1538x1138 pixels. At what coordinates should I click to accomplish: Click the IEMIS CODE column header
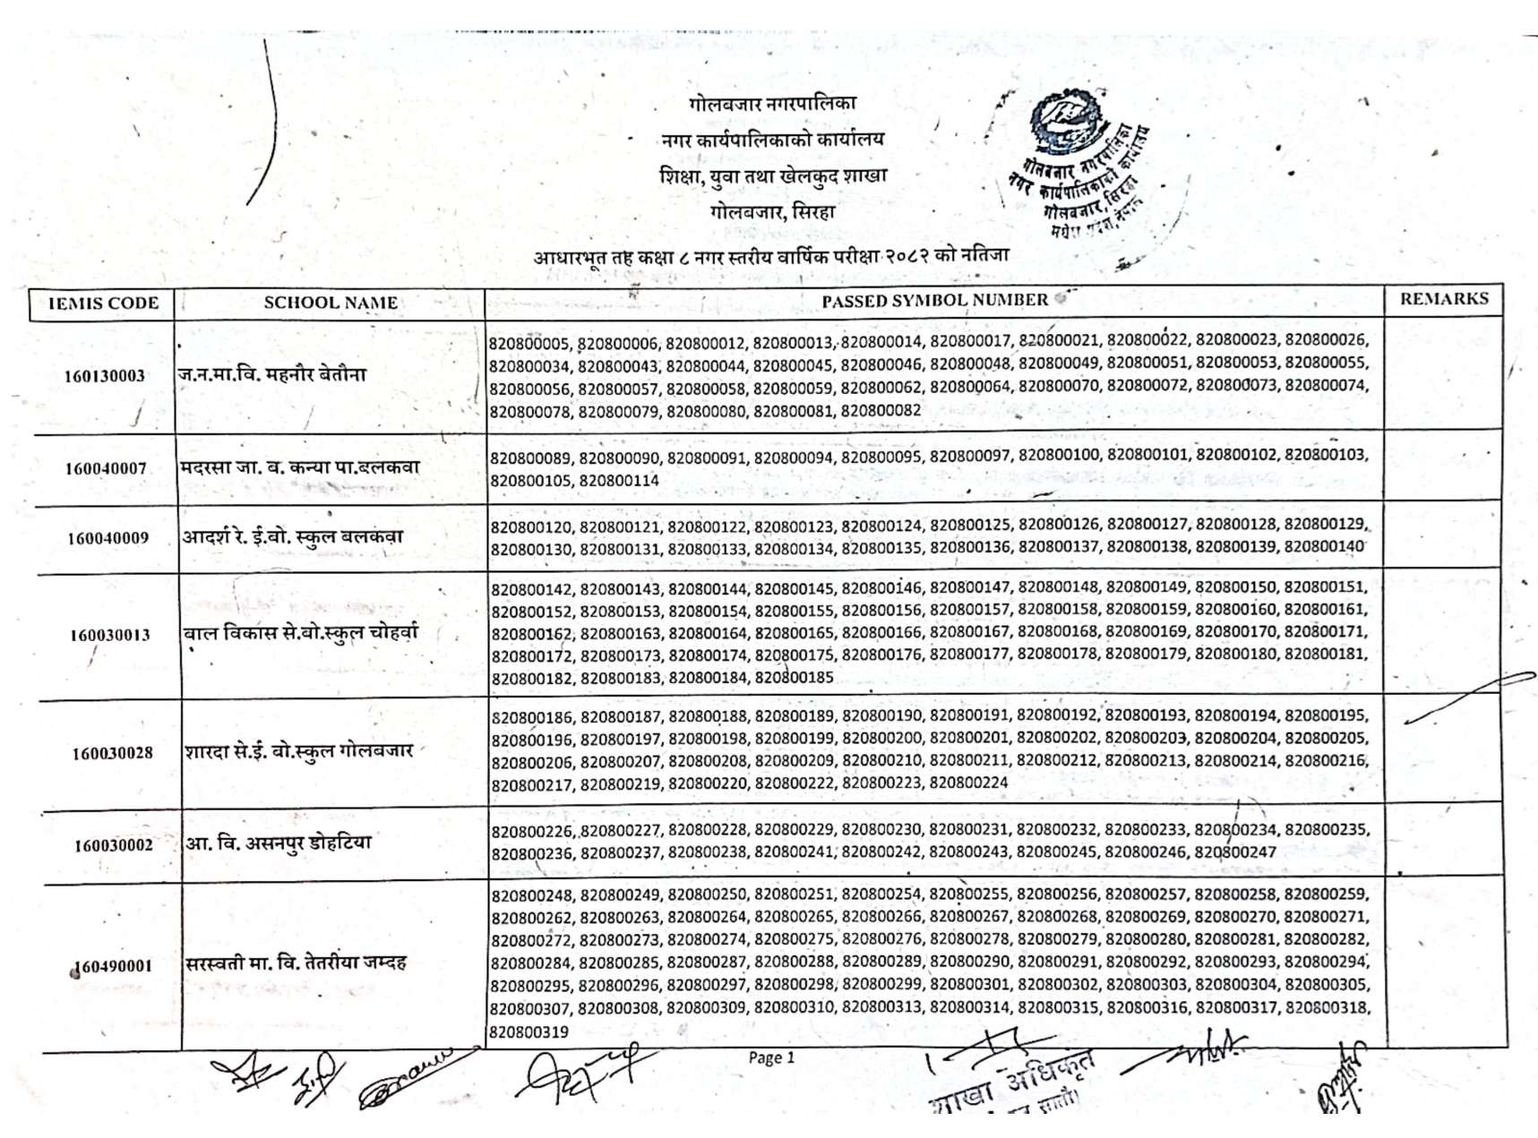pos(103,304)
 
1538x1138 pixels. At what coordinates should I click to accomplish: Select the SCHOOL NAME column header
pos(331,303)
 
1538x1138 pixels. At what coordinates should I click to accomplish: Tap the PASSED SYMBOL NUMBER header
pos(934,301)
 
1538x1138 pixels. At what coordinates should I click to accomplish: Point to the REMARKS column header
pos(1444,299)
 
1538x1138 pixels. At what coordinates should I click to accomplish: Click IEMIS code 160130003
pos(104,376)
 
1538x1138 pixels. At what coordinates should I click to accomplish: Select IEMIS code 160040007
pos(106,468)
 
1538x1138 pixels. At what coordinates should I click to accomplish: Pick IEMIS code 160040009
pos(107,538)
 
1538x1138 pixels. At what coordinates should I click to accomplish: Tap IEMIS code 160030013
pos(110,636)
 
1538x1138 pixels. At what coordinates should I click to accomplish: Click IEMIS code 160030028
pos(113,753)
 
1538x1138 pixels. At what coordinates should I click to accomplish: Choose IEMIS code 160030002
pos(114,845)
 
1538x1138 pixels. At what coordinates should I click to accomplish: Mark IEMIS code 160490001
pos(113,966)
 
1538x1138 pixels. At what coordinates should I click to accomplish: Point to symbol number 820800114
pos(619,481)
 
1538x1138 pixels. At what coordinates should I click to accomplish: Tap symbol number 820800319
pos(528,1032)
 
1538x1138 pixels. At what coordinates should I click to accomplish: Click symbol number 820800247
pos(1234,852)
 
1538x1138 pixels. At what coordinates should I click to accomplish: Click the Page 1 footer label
pos(771,1058)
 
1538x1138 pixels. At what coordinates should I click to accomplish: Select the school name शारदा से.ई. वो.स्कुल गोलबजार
pos(299,750)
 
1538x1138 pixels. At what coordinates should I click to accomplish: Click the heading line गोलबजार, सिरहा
pos(772,212)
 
